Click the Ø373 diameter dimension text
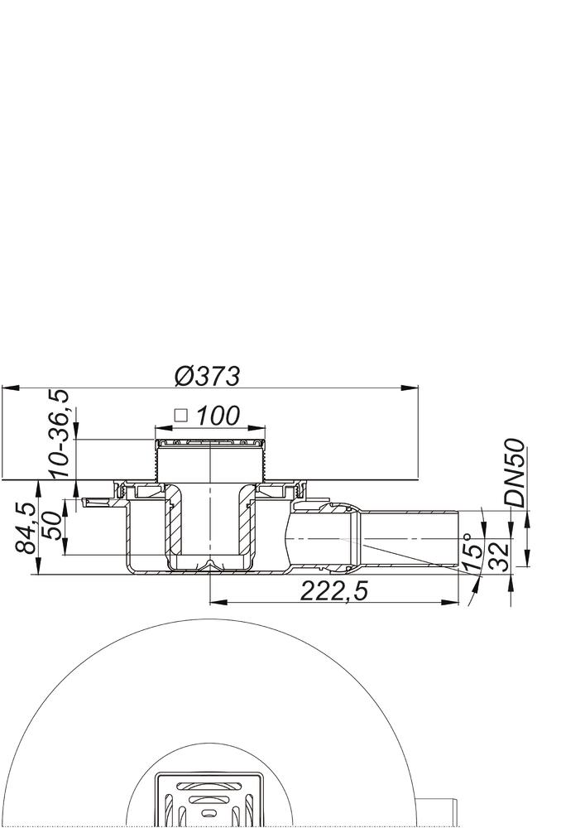[208, 376]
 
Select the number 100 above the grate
[218, 416]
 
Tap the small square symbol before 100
[181, 416]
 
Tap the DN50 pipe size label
[516, 474]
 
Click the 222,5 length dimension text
[334, 590]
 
